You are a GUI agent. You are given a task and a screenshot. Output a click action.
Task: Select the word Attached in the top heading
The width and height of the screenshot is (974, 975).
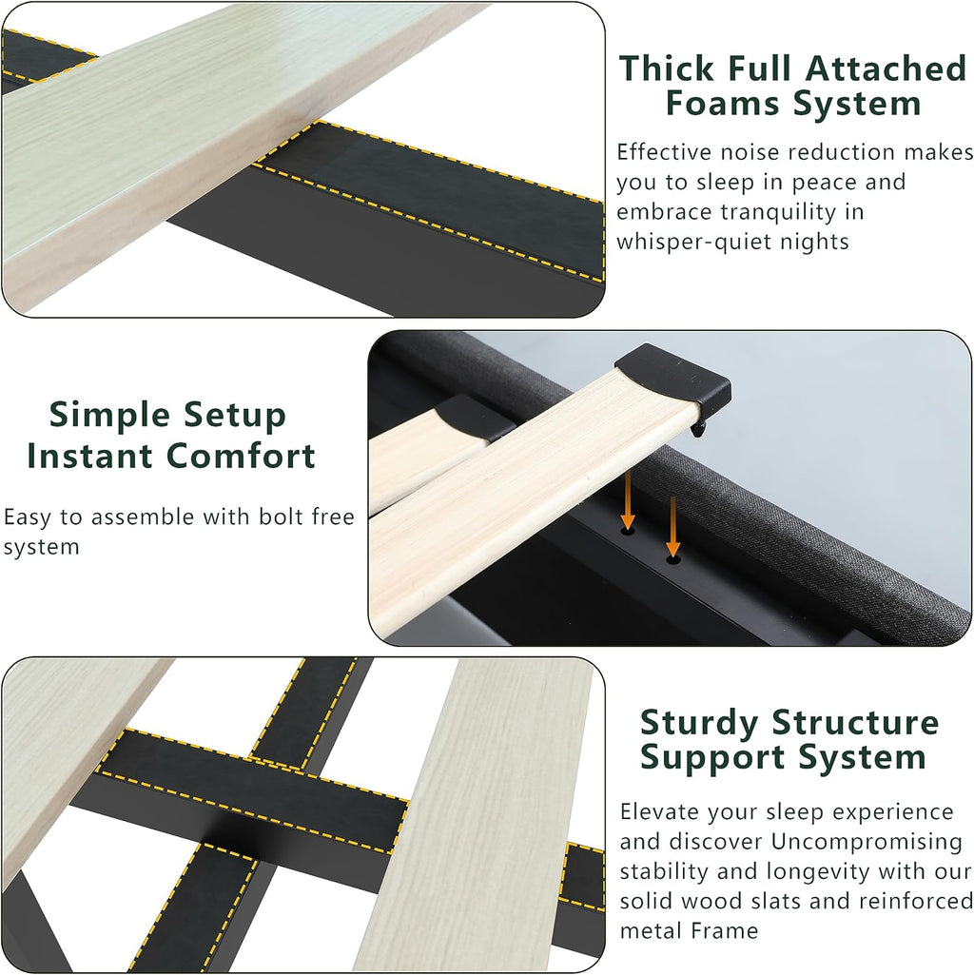pos(886,68)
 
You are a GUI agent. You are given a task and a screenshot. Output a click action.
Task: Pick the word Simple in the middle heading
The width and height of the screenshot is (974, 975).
pos(108,416)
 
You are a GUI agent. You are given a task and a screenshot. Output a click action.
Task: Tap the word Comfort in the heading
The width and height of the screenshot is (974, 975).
pos(242,456)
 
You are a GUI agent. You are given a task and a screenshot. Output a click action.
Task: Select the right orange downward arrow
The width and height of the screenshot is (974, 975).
pos(672,525)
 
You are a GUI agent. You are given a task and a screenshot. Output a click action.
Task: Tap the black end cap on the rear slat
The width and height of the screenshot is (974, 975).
pos(476,417)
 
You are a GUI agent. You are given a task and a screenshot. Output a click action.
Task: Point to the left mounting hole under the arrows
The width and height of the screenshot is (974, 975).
pos(628,531)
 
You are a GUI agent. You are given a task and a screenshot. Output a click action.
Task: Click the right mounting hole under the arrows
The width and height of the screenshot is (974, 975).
pos(672,559)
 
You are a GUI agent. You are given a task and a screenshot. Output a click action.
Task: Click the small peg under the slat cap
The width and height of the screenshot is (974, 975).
pos(699,428)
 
